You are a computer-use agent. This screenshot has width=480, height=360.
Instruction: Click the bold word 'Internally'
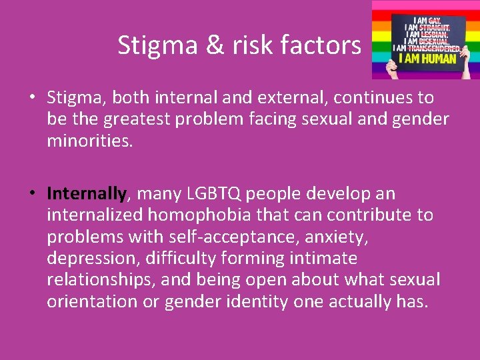click(x=86, y=194)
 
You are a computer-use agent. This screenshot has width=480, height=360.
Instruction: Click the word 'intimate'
click(x=326, y=258)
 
